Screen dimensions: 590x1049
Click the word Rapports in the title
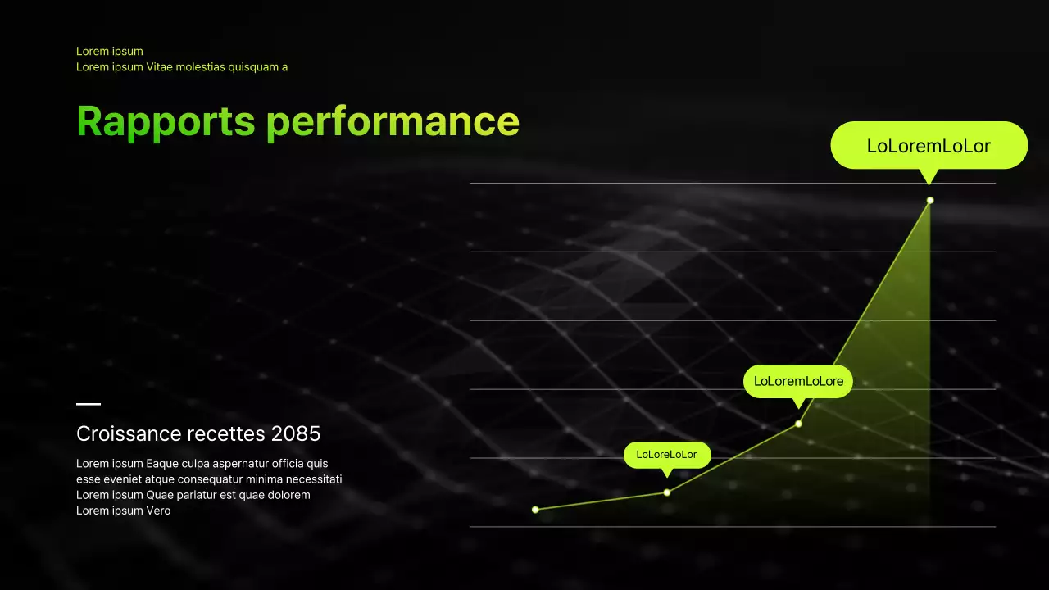click(166, 121)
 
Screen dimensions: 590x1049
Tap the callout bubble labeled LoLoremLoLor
click(929, 146)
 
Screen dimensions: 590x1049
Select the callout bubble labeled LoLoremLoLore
click(798, 381)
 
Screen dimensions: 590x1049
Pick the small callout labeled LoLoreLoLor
click(666, 455)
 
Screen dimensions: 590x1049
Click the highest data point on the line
click(930, 201)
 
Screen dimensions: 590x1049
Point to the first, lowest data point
click(535, 510)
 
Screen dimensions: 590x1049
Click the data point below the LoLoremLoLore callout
click(798, 424)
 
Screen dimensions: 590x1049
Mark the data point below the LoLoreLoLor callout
click(667, 492)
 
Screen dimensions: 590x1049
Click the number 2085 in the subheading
click(295, 433)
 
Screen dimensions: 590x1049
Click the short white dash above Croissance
click(89, 404)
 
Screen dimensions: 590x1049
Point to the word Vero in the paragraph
click(158, 511)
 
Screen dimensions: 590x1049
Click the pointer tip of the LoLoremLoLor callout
click(929, 183)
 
